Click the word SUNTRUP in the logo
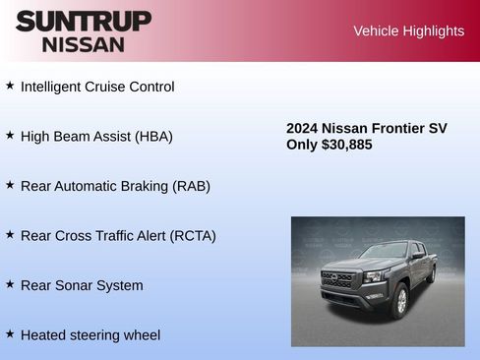(84, 21)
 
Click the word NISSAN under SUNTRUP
(84, 44)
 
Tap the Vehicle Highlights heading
(408, 30)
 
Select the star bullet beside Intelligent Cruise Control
(10, 86)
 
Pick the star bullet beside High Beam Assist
(10, 135)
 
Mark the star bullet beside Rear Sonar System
(10, 284)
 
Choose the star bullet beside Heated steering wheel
(10, 334)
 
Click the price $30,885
(347, 145)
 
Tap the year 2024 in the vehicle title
(303, 128)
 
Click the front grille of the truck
(337, 280)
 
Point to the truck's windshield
(384, 252)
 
